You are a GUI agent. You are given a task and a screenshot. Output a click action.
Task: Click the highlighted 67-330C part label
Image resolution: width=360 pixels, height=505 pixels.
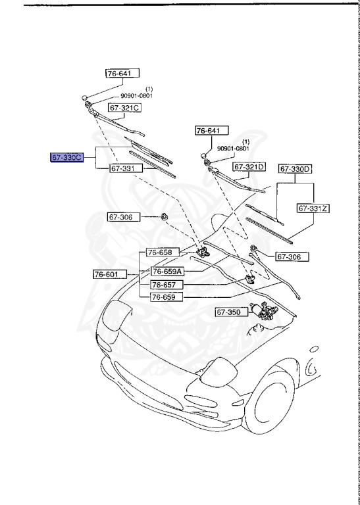click(67, 158)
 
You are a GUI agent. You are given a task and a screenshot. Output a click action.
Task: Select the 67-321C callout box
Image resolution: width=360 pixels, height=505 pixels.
click(125, 108)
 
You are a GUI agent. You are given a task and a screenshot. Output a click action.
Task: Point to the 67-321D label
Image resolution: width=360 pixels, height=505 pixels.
click(250, 166)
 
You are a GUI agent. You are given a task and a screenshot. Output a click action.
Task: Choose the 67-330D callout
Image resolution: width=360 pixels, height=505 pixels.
click(296, 169)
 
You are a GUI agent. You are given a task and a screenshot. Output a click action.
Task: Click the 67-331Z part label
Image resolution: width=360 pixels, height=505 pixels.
click(313, 208)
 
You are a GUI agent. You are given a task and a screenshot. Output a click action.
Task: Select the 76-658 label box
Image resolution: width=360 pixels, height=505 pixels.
click(159, 252)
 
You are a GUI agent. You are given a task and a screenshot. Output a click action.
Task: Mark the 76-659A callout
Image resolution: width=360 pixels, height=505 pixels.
click(167, 271)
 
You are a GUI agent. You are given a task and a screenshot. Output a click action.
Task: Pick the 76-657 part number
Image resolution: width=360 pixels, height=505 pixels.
click(164, 285)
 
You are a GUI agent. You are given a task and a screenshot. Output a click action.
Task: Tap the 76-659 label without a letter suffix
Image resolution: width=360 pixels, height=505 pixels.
click(164, 297)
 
